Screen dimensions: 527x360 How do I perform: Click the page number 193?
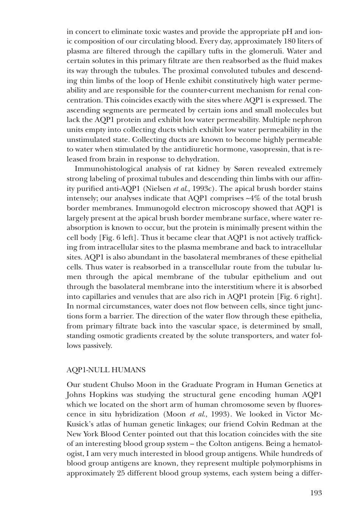(x=316, y=493)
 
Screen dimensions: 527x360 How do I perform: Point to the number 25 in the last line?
(x=121, y=473)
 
